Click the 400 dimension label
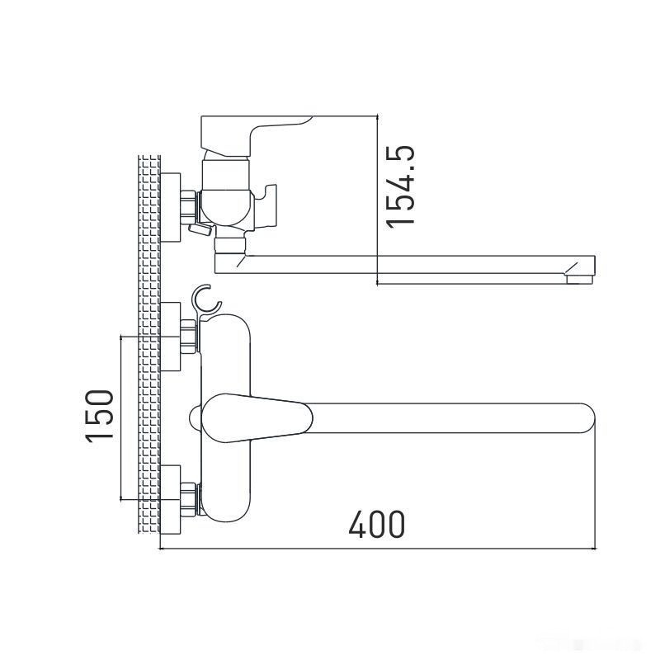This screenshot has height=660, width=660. click(376, 524)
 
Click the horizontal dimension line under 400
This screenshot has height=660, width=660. click(376, 549)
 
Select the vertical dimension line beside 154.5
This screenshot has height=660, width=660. click(377, 198)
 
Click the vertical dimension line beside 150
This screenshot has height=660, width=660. click(121, 417)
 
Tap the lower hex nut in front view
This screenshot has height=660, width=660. click(191, 498)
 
